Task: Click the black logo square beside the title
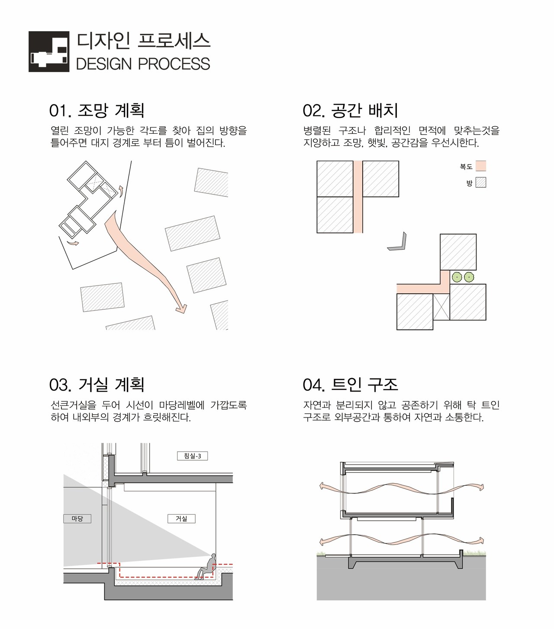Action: point(49,51)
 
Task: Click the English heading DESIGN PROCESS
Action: point(143,64)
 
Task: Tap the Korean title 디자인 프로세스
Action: point(143,41)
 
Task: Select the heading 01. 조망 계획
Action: point(97,110)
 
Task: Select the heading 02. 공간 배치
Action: point(350,110)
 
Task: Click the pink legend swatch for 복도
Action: point(481,166)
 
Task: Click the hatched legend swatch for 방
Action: point(481,182)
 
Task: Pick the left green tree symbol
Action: point(457,277)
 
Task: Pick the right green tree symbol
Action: point(469,277)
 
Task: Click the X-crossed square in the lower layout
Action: point(441,307)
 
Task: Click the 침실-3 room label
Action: point(192,456)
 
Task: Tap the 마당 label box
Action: point(77,519)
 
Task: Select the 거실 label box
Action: point(181,519)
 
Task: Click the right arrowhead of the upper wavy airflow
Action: point(481,487)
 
